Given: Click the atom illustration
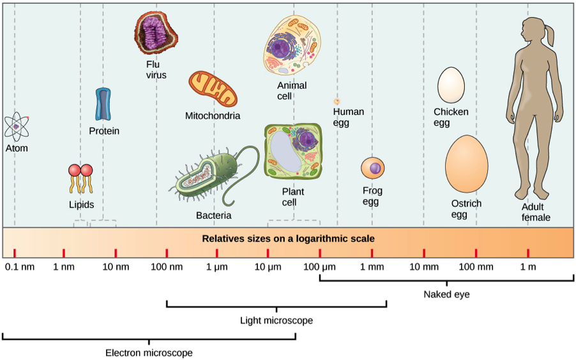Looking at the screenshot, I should (16, 126).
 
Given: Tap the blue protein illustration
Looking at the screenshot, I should (103, 104).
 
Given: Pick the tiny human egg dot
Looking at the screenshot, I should (337, 101).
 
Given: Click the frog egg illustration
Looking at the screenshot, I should (373, 169).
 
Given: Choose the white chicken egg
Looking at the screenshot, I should (451, 85).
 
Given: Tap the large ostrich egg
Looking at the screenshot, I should (467, 163).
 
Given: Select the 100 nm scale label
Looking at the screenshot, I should (166, 266).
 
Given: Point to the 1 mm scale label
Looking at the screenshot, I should (372, 266).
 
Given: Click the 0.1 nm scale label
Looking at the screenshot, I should (19, 266).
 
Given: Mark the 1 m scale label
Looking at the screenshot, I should (527, 266).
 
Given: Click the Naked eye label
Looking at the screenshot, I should (446, 294).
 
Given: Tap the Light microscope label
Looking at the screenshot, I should (276, 320).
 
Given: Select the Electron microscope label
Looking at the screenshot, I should (149, 352).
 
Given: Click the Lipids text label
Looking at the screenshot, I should (81, 205).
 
